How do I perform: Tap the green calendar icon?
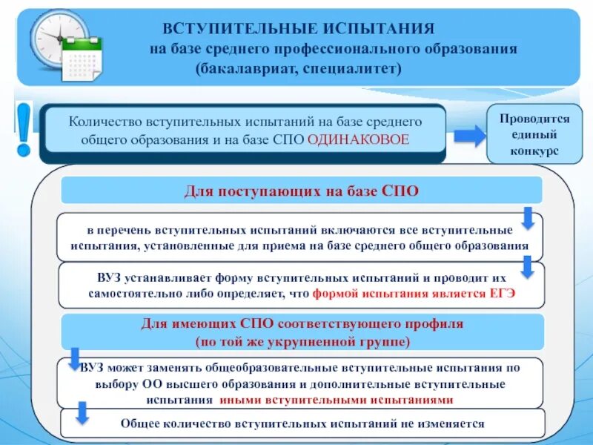click(x=82, y=57)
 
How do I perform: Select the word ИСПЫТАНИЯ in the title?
click(x=378, y=29)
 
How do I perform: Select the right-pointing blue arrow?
click(x=468, y=136)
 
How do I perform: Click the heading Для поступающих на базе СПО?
click(x=301, y=191)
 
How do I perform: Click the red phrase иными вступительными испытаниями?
click(x=336, y=399)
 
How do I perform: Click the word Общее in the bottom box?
click(x=138, y=423)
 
